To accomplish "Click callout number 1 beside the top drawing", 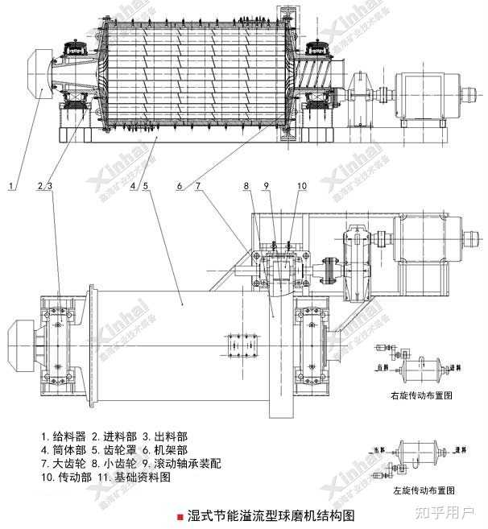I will click(x=11, y=187).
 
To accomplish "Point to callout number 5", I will click(x=145, y=187).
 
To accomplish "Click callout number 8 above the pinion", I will click(x=246, y=187).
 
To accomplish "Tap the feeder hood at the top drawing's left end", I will click(x=33, y=74).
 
